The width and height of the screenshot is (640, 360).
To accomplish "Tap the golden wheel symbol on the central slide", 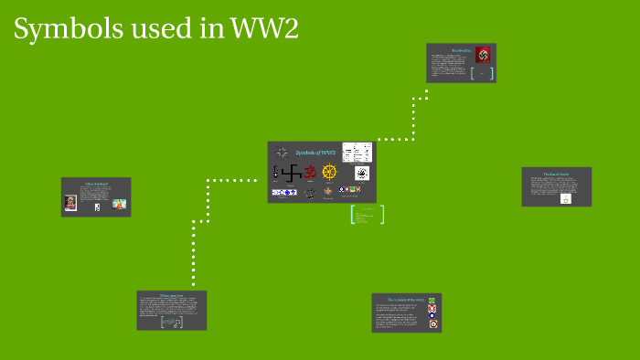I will click(x=330, y=173).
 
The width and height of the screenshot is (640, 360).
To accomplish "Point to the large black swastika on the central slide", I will click(x=292, y=173).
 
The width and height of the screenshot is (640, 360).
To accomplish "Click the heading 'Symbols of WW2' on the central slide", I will click(x=317, y=152).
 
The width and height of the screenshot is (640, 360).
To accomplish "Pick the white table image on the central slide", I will click(x=357, y=152).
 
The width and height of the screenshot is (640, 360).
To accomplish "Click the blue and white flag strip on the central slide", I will click(x=283, y=192).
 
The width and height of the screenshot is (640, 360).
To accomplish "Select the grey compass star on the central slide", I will click(x=282, y=153).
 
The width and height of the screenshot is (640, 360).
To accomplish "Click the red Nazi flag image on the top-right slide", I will click(x=483, y=54).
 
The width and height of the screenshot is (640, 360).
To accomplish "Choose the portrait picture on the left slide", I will click(x=70, y=204).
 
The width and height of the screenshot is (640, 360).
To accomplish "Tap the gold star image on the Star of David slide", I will click(x=565, y=197).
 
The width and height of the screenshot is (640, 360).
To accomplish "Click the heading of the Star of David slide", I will click(x=557, y=173).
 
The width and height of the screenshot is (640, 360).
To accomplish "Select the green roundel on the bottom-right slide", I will click(x=432, y=299).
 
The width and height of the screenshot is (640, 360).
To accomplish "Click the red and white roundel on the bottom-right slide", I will click(x=432, y=310).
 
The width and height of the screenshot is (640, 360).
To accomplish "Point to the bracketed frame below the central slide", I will click(x=368, y=215).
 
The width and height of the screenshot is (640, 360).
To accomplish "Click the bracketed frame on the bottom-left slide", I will click(x=172, y=322).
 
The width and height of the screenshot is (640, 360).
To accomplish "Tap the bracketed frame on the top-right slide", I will click(x=482, y=73).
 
